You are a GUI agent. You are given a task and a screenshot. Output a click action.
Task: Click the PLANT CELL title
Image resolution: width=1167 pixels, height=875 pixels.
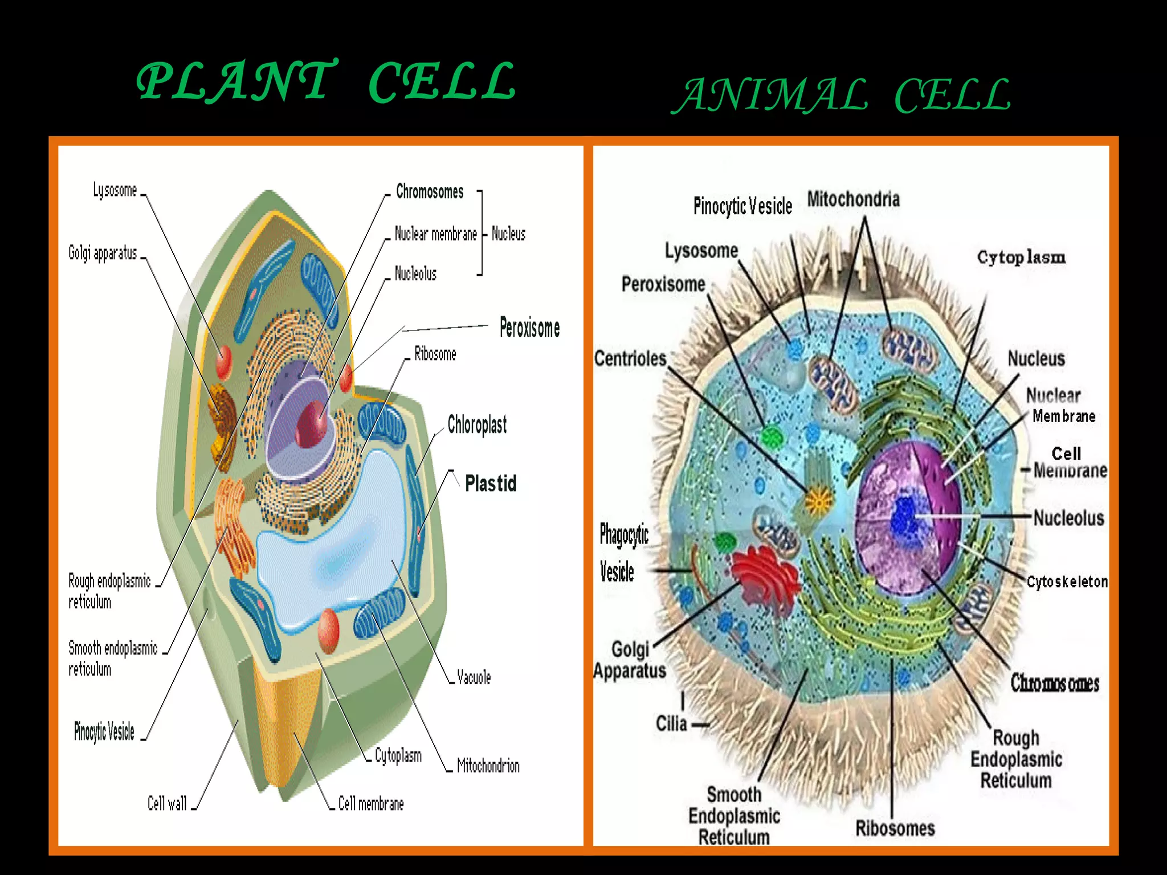click(x=326, y=81)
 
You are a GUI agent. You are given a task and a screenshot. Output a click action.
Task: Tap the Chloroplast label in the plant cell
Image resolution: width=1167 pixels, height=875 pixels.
click(x=477, y=425)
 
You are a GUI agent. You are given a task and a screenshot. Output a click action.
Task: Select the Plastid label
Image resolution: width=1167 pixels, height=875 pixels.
click(x=491, y=484)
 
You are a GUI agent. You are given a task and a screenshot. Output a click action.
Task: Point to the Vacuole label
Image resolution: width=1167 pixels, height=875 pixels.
click(x=474, y=677)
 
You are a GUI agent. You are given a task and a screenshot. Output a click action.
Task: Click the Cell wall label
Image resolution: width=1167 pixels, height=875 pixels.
click(x=167, y=803)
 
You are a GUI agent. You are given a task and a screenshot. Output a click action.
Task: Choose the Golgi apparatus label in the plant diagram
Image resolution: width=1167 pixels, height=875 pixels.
click(x=103, y=253)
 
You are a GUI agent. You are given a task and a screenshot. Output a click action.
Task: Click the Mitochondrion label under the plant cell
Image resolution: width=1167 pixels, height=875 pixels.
click(x=488, y=766)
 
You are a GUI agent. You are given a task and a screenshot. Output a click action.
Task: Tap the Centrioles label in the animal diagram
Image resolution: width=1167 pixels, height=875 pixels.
click(x=630, y=358)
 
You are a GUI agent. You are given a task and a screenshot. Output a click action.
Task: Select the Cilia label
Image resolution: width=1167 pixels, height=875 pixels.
click(x=671, y=724)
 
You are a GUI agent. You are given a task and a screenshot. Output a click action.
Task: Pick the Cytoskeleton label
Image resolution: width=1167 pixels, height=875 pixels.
click(x=1067, y=582)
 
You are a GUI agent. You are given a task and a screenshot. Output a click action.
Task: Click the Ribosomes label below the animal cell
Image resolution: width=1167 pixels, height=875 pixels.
click(x=895, y=828)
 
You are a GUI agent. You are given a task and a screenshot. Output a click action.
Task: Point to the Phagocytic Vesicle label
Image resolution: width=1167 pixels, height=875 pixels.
click(x=623, y=553)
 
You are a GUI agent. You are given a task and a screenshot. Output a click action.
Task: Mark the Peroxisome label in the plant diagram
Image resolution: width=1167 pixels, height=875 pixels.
click(x=529, y=328)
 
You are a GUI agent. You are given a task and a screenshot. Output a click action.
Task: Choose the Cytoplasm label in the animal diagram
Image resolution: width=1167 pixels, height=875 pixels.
click(x=1021, y=257)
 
